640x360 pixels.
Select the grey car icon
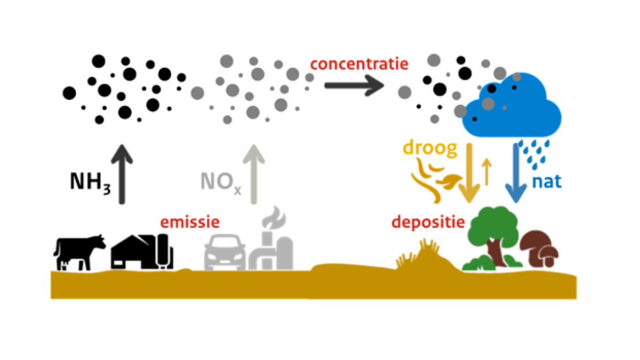225,254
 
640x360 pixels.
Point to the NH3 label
90,182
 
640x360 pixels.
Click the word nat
547,181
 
